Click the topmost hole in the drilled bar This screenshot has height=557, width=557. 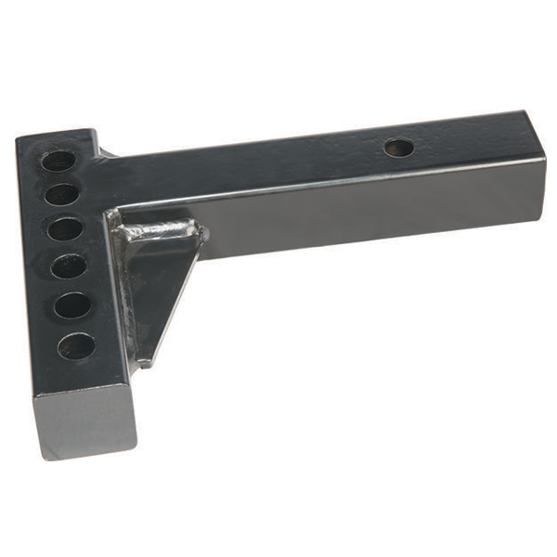58,161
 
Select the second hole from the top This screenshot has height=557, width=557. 61,194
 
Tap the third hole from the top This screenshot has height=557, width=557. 65,228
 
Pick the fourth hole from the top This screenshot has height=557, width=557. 69,266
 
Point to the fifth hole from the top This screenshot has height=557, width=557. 72,305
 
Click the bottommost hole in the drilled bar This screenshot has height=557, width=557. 76,345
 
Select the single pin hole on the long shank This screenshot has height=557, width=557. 399,148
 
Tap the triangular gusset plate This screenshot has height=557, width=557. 154,278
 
